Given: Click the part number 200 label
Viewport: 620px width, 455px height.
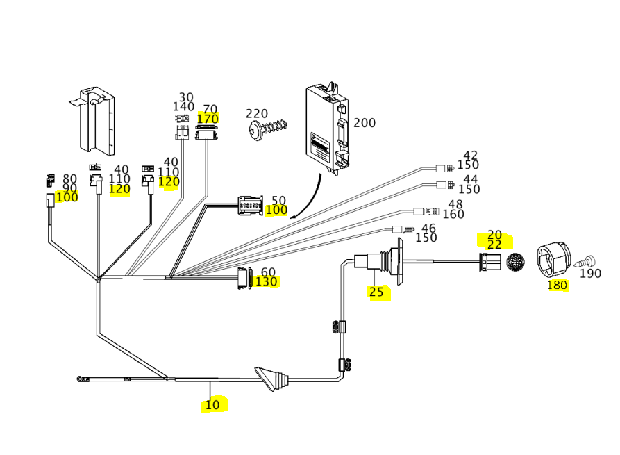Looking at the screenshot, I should coord(364,123).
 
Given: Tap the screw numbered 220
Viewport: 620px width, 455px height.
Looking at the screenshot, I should coord(268,129).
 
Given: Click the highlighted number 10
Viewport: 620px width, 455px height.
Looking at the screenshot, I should coord(212,405).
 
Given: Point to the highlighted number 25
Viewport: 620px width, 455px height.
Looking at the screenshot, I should coord(376,292).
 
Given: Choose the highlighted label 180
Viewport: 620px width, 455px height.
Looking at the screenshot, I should coord(557,285).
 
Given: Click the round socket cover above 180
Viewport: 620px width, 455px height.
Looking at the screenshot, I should coord(553,260).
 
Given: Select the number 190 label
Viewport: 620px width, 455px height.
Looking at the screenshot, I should coord(590,274).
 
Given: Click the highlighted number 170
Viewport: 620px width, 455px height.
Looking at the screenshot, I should coord(208,119).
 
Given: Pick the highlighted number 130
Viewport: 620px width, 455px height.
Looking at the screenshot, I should coord(267,281).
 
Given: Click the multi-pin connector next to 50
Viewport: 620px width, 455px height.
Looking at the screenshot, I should coord(250,206).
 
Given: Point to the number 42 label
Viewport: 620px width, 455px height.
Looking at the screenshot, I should coord(471,156).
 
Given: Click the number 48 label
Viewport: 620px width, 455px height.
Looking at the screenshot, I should coord(455,204).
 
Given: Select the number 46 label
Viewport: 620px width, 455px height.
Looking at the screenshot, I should coord(428,228).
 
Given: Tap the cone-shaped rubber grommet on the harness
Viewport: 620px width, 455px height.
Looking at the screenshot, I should coord(271,380).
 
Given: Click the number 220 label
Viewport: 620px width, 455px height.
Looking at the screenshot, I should coord(257,114).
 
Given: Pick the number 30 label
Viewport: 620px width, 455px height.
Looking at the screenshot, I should coord(186,98).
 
